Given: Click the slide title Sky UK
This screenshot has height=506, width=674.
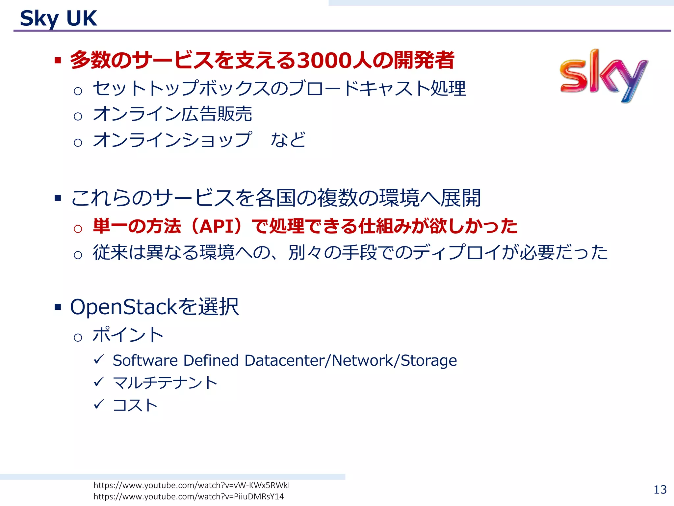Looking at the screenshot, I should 58,18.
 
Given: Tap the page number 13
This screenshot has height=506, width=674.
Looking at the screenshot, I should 660,490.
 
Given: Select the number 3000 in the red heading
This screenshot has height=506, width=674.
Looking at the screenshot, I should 324,61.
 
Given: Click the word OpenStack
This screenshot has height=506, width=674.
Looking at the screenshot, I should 124,307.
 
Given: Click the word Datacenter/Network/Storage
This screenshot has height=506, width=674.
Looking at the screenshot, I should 351,360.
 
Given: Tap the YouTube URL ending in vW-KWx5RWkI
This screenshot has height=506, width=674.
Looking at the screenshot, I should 192,485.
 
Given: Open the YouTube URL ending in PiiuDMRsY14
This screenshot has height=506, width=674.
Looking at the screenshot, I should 189,496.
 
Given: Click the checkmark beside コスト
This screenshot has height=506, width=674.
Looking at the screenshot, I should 99,404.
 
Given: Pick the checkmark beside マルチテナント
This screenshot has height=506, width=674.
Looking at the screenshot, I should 99,382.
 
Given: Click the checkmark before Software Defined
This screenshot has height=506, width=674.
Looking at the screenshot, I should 99,359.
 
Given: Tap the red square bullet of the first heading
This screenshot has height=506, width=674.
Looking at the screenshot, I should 58,60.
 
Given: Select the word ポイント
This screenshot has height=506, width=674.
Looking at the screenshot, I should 128,335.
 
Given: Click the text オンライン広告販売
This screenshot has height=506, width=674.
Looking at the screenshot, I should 172,114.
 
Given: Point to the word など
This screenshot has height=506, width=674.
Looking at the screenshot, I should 288,140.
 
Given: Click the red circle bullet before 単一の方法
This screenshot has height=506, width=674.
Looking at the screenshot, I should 78,229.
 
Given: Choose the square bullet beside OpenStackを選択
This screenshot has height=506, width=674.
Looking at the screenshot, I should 58,307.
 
